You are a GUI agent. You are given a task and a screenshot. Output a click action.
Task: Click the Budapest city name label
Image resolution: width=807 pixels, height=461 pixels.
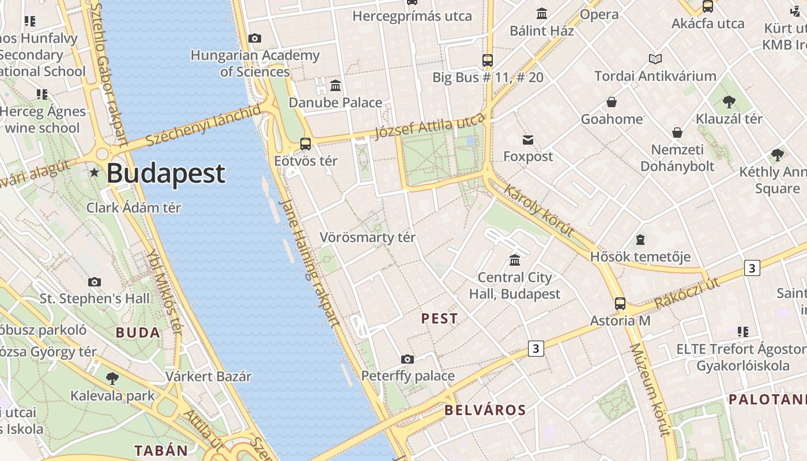pos(165,173)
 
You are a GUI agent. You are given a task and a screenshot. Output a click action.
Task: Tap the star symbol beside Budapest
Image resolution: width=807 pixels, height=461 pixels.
pos(95,172)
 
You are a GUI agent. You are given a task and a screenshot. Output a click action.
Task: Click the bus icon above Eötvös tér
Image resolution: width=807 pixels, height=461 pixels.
pos(306,144)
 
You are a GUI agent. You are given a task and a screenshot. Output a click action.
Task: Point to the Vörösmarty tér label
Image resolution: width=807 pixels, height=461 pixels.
pos(367,237)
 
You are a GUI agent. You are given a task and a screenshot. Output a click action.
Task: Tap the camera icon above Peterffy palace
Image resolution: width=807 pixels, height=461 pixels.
pos(408,360)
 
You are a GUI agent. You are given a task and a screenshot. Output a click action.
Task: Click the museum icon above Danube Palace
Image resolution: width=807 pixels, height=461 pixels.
pos(335,86)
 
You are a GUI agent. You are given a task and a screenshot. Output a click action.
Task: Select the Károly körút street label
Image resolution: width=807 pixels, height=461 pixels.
pos(539,210)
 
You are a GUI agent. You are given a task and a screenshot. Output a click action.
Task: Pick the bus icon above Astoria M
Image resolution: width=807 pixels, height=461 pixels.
pos(620,304)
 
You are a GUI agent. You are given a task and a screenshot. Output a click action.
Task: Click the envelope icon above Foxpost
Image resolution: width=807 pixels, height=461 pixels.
pos(528,139)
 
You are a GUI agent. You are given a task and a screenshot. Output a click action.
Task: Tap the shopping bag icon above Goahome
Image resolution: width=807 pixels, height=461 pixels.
pos(612,103)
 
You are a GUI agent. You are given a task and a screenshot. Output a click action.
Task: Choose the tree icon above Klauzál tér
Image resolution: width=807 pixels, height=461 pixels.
pos(729,102)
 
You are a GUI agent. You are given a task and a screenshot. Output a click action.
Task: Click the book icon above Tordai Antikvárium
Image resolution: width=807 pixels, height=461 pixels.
pos(655,59)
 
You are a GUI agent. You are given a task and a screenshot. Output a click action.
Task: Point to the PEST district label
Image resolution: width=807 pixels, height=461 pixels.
pos(439,319)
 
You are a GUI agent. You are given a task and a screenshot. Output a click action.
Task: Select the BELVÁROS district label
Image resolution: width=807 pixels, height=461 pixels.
pos(485,410)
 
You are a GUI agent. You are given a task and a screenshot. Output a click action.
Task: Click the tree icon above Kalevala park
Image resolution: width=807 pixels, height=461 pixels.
pos(112,379)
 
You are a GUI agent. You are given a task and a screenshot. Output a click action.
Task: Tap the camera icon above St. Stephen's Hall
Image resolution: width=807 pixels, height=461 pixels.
pos(95,282)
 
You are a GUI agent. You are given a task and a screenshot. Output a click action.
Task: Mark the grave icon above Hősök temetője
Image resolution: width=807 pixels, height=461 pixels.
pos(640,240)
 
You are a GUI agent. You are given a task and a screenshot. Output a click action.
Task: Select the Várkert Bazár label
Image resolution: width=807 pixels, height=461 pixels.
pos(209,377)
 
